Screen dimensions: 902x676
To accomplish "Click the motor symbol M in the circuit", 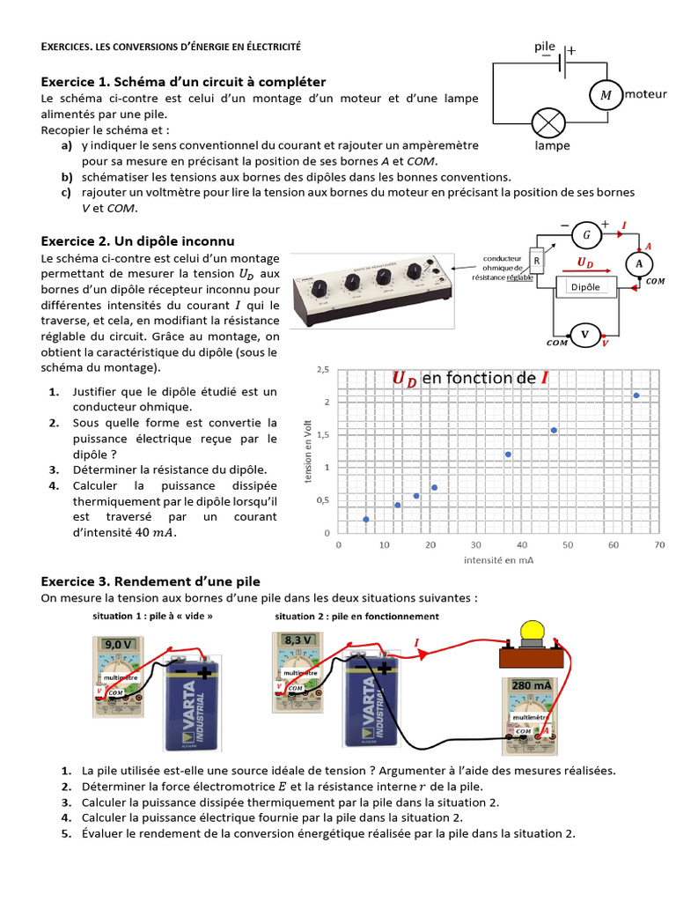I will point(605,94).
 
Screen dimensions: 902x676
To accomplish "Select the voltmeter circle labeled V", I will point(583,334).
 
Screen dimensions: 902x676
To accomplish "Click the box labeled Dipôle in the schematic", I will point(585,287).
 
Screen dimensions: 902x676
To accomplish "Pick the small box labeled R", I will point(536,262).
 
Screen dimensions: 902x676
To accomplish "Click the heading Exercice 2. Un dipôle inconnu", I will point(138,240).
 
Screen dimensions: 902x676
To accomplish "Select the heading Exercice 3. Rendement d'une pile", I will point(151,580).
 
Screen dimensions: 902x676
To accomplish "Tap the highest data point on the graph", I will point(636,396).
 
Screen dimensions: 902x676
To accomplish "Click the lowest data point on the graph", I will point(366,519).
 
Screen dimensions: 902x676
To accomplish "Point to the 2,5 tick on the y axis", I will point(323,370).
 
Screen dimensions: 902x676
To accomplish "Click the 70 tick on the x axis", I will point(659,545).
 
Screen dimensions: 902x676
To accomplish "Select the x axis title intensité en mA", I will point(498,559).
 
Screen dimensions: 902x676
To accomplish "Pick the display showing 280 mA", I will point(531,685).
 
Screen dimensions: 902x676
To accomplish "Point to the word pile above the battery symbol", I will point(545,46).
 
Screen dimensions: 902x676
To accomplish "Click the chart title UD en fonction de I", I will point(471,378).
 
